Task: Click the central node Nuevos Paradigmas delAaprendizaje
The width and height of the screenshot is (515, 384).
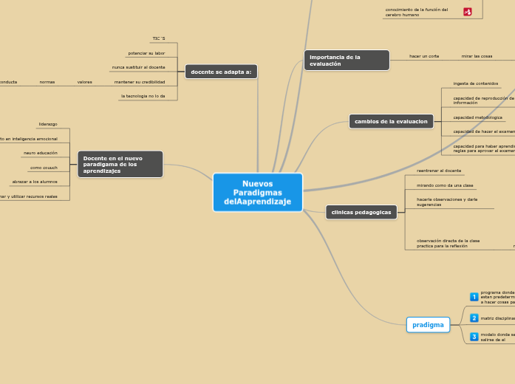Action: pyautogui.click(x=257, y=192)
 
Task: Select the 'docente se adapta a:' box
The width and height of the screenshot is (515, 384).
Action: pyautogui.click(x=221, y=72)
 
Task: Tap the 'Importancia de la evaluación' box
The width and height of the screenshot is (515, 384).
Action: pyautogui.click(x=346, y=60)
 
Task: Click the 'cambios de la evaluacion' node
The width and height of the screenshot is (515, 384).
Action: pyautogui.click(x=391, y=121)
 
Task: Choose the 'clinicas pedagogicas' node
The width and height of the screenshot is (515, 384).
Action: pyautogui.click(x=361, y=212)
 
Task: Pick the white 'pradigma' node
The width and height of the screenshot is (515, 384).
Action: pyautogui.click(x=428, y=324)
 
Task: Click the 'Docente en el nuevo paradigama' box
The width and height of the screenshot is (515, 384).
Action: pyautogui.click(x=120, y=164)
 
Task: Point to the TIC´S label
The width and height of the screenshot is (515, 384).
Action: pyautogui.click(x=158, y=38)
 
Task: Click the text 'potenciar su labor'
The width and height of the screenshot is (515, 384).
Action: pyautogui.click(x=146, y=53)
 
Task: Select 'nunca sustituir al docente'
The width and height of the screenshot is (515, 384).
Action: pyautogui.click(x=138, y=67)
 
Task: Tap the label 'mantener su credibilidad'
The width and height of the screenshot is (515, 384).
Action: pyautogui.click(x=140, y=82)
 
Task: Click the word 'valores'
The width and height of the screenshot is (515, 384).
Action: pyautogui.click(x=84, y=82)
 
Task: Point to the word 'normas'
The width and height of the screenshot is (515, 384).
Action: pyautogui.click(x=47, y=82)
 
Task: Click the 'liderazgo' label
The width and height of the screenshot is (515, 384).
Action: pyautogui.click(x=48, y=124)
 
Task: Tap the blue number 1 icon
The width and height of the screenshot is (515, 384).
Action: pyautogui.click(x=474, y=297)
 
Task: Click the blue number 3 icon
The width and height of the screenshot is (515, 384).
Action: pyautogui.click(x=474, y=336)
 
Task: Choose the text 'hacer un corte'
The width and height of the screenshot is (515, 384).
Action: pyautogui.click(x=424, y=56)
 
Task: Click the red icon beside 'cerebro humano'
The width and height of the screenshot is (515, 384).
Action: pyautogui.click(x=468, y=12)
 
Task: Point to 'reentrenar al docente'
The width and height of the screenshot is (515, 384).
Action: pyautogui.click(x=439, y=171)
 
